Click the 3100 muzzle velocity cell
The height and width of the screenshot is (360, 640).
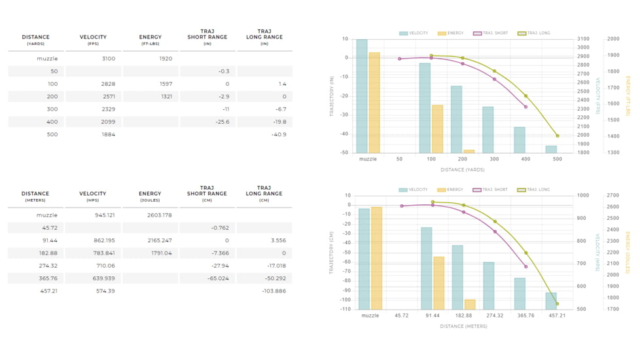(x=109, y=59)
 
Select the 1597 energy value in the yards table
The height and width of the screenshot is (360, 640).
(x=166, y=84)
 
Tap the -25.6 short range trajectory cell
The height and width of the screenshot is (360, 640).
(x=222, y=122)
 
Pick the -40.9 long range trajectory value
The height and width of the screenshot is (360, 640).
(x=279, y=135)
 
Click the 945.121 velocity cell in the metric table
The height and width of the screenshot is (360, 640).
(x=105, y=215)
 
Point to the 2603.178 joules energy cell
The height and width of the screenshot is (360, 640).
(x=160, y=215)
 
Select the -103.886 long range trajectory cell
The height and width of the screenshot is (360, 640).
(x=274, y=291)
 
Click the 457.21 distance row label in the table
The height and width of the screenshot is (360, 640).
(x=49, y=291)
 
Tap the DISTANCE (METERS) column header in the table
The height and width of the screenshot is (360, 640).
(x=35, y=196)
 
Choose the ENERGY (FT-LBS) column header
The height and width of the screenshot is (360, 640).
(x=151, y=39)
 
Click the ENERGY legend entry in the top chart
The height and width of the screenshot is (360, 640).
(x=451, y=33)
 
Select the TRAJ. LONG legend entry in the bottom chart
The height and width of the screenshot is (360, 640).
(x=533, y=190)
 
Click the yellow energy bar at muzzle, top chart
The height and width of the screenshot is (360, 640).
(x=374, y=103)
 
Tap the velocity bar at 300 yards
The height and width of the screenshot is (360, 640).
(x=488, y=130)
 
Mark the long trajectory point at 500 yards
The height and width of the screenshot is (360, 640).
(x=558, y=136)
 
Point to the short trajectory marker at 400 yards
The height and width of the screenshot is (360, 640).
(x=525, y=107)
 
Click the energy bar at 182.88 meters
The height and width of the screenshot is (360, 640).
(x=470, y=304)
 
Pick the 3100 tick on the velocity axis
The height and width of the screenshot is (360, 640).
(x=583, y=39)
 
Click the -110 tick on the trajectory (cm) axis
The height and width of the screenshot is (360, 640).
(x=346, y=310)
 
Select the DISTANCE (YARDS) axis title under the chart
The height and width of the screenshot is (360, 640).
(x=463, y=170)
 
